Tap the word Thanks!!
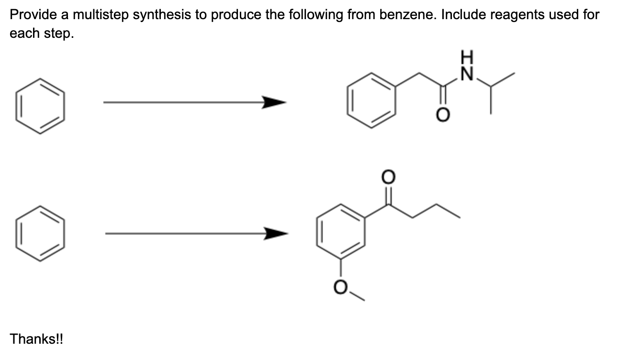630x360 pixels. pos(36,339)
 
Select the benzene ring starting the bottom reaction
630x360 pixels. pos(40,234)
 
